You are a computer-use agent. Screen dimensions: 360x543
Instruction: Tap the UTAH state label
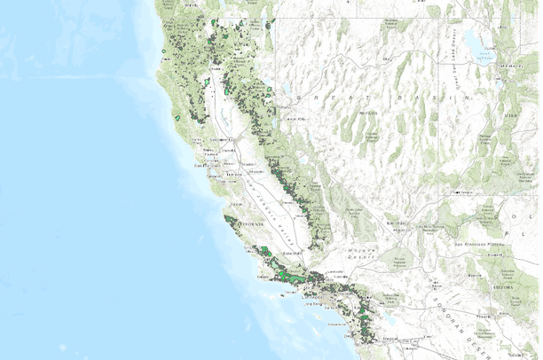tap(511, 115)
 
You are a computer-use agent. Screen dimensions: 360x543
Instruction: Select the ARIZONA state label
tap(508, 287)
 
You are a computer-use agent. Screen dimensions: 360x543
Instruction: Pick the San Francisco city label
tap(205, 165)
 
